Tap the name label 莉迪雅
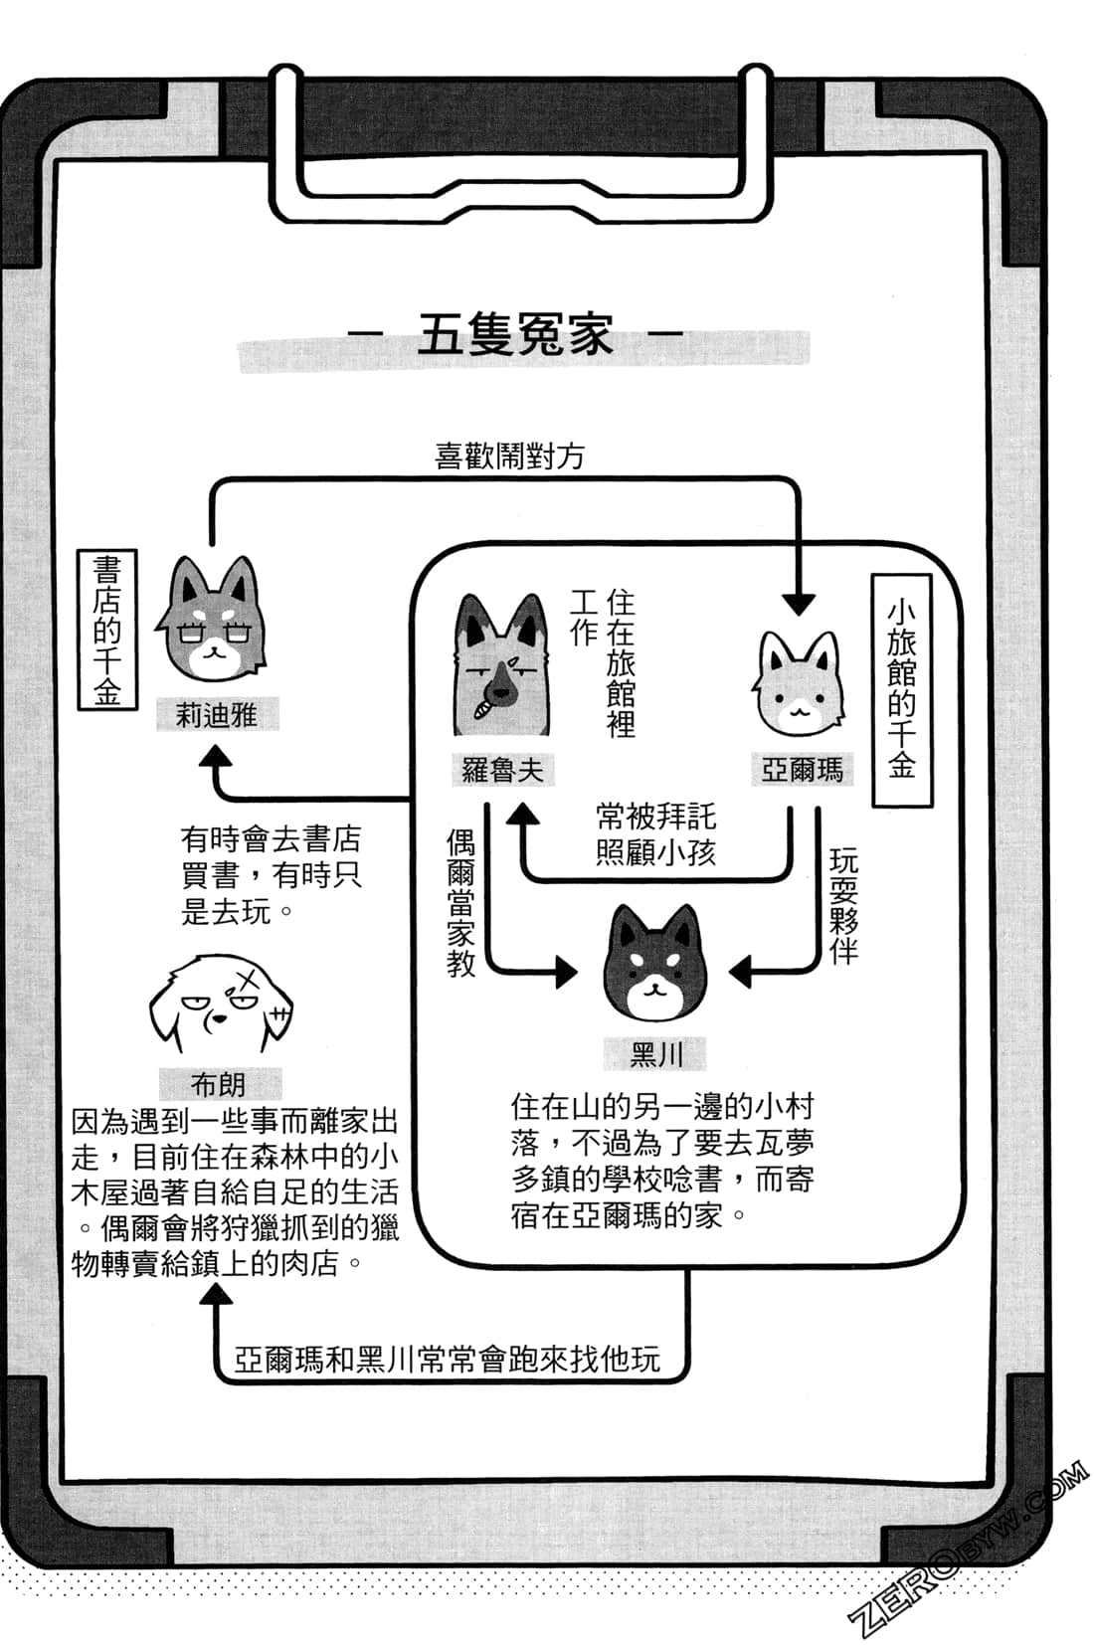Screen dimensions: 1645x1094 (216, 714)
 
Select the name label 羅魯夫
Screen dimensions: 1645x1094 (501, 769)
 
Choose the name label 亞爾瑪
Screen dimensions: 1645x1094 (802, 769)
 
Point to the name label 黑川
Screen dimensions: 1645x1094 (655, 1053)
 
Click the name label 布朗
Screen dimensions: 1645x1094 (218, 1083)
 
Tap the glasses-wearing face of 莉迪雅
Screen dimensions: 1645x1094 (212, 625)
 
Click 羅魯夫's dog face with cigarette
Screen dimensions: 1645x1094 (500, 666)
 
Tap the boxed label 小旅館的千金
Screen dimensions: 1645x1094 (901, 689)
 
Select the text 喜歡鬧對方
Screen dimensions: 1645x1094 (509, 457)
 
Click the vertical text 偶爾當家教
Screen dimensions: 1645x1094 (461, 903)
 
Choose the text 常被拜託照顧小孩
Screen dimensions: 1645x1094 (655, 834)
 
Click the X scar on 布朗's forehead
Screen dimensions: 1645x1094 (244, 979)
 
